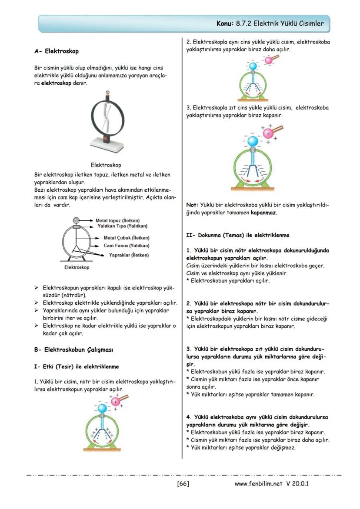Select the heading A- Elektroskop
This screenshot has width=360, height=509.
tap(57, 51)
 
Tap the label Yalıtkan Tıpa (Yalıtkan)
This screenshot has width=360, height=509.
tap(122, 226)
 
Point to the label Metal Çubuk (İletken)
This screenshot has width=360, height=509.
tap(127, 238)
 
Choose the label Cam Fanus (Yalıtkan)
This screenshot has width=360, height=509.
tap(127, 246)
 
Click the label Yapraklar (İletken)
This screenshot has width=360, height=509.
tap(129, 255)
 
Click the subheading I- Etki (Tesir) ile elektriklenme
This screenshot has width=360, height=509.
tap(76, 366)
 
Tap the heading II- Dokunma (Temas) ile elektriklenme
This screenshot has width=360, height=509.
tap(237, 235)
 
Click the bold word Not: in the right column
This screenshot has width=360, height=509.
tap(192, 204)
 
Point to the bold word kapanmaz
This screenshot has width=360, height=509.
tap(264, 213)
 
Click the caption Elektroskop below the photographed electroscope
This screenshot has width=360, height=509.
tap(106, 165)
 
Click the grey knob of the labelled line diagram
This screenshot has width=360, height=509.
tap(77, 220)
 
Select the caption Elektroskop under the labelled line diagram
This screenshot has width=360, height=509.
tap(77, 267)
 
